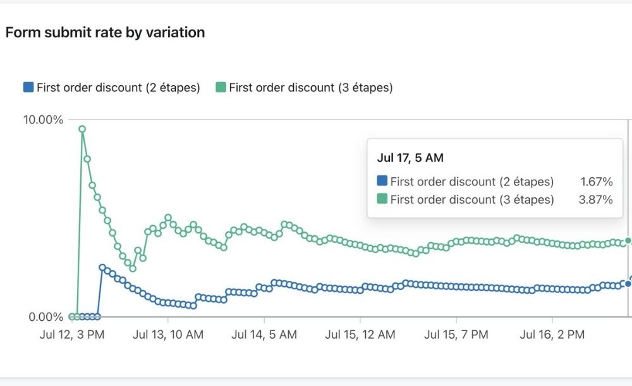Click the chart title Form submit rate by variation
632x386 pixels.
pyautogui.click(x=105, y=32)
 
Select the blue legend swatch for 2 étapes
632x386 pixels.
pyautogui.click(x=28, y=87)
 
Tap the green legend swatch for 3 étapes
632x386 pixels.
pyautogui.click(x=221, y=87)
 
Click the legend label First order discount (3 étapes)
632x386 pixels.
pyautogui.click(x=310, y=87)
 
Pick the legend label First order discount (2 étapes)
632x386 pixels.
pyautogui.click(x=118, y=87)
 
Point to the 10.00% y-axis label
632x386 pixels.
pyautogui.click(x=42, y=120)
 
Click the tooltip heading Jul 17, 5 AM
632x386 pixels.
pyautogui.click(x=410, y=158)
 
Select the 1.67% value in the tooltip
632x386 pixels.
pyautogui.click(x=596, y=182)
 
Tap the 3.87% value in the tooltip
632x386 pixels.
pyautogui.click(x=596, y=200)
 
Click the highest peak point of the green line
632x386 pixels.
pyautogui.click(x=82, y=129)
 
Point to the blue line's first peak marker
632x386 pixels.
pyautogui.click(x=102, y=268)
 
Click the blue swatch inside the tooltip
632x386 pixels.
pyautogui.click(x=382, y=182)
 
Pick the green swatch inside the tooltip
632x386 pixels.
pyautogui.click(x=382, y=199)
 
